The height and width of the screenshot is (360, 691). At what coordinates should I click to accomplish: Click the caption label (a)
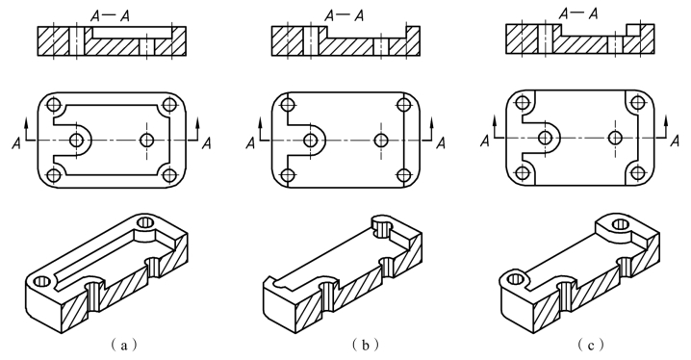[123, 346]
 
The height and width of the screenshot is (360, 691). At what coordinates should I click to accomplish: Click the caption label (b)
[365, 346]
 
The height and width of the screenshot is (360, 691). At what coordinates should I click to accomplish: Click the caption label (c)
[591, 346]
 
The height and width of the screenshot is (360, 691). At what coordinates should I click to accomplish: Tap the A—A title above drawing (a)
[110, 15]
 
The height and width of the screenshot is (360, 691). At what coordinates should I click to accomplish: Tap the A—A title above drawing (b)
[345, 15]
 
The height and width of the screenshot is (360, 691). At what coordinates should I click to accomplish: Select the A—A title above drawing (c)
[578, 13]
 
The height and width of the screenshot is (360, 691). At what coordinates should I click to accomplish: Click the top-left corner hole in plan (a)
[54, 105]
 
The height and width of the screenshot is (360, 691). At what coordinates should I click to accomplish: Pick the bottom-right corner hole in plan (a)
[169, 175]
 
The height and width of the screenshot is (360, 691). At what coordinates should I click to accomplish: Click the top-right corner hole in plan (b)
[403, 105]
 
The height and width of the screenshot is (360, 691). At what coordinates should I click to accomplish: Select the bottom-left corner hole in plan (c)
[523, 173]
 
